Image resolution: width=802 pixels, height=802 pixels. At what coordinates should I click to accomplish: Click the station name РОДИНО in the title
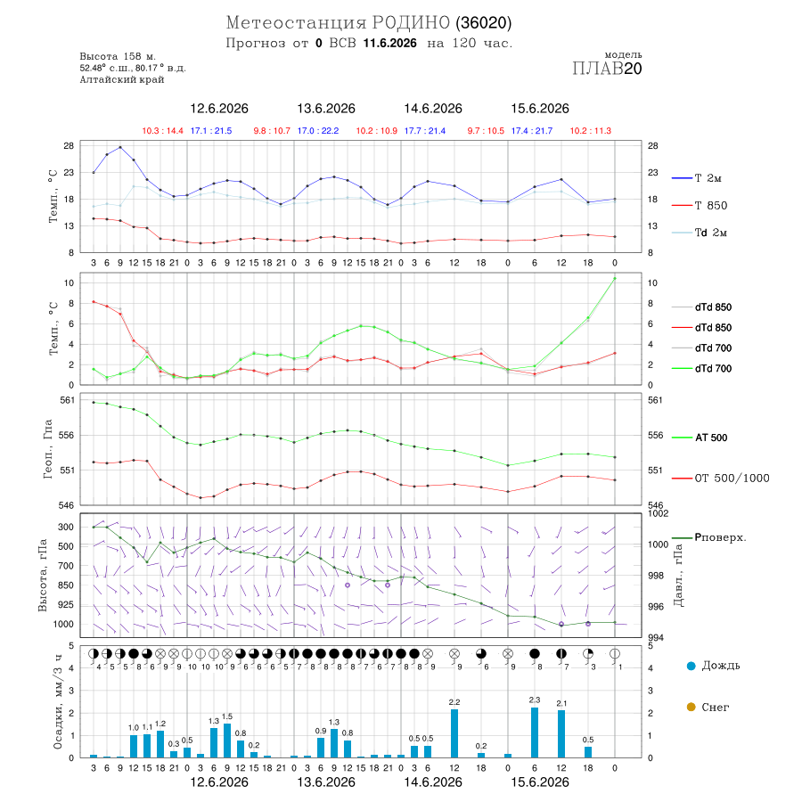411,22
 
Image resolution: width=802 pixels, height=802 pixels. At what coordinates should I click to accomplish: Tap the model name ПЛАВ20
607,69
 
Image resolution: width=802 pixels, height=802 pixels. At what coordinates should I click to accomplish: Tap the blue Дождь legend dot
691,666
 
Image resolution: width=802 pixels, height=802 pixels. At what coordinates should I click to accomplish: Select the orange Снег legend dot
691,707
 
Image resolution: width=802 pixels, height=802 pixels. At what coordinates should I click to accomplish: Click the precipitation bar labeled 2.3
535,732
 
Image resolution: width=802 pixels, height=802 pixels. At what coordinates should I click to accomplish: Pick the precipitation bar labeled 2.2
454,733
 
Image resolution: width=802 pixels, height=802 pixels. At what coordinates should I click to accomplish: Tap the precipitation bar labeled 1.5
227,741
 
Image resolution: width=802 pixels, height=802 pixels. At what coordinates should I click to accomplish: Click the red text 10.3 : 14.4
163,131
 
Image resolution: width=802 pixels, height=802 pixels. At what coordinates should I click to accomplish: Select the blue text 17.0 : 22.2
318,131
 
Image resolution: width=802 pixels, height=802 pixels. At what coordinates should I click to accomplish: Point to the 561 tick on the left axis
68,400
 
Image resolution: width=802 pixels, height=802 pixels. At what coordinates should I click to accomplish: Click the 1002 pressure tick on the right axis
658,513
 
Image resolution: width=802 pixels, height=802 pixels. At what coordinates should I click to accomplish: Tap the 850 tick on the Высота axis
65,585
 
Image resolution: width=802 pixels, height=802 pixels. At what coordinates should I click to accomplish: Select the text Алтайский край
122,79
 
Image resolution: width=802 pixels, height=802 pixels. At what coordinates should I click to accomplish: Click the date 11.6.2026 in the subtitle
389,43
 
